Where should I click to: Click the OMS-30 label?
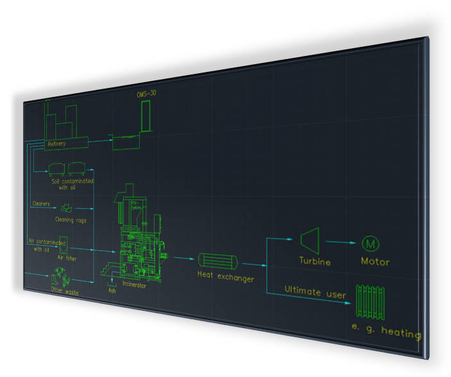click(146, 94)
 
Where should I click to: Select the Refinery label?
click(56, 144)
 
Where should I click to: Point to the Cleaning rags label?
click(71, 220)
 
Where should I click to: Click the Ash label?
click(112, 290)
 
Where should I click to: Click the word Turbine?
click(315, 261)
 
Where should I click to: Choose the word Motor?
click(375, 262)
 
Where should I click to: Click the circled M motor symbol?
click(371, 244)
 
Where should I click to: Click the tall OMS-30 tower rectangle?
click(146, 116)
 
